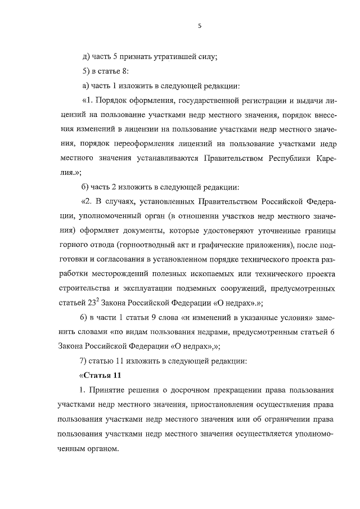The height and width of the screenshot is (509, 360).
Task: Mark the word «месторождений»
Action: click(x=124, y=274)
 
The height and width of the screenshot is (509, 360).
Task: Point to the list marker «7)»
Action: click(x=85, y=361)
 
